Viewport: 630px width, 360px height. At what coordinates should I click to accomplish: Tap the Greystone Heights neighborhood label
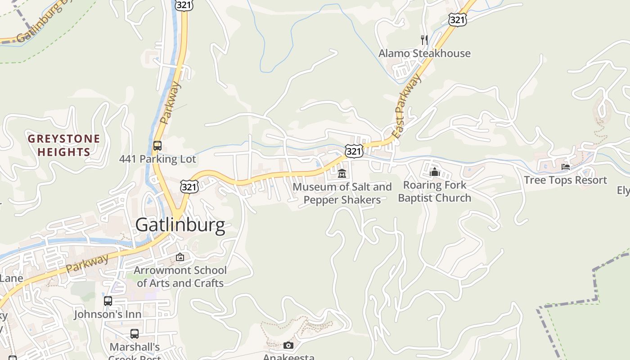coord(64,145)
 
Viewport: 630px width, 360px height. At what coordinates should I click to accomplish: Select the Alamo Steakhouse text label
coord(424,54)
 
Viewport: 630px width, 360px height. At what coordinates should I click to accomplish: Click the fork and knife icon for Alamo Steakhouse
coord(424,40)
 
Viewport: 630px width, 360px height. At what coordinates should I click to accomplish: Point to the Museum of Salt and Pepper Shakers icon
coord(342,173)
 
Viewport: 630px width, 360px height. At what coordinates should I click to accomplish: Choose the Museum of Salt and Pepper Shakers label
coord(342,193)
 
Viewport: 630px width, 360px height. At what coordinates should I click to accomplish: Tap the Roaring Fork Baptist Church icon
coord(434,172)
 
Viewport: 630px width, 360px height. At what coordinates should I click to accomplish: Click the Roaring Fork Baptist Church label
coord(434,191)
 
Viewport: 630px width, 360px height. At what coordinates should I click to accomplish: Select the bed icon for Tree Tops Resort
coord(566,167)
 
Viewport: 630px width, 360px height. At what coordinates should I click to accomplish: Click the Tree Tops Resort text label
coord(565,180)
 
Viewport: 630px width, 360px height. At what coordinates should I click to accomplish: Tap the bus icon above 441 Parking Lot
coord(157,146)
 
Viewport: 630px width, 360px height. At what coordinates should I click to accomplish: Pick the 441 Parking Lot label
coord(157,159)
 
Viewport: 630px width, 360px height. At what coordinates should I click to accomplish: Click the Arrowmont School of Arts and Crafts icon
coord(180,257)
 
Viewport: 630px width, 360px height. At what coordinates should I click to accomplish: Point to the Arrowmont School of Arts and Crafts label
coord(180,277)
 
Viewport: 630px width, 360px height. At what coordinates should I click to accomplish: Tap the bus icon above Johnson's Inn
coord(108,301)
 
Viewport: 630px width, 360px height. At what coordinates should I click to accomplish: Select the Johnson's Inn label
coord(108,314)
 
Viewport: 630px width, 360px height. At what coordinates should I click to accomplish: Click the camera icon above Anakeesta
coord(288,345)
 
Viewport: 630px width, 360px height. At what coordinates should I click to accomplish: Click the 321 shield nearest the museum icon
coord(354,151)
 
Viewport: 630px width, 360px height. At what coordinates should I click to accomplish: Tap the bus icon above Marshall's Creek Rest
coord(135,334)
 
